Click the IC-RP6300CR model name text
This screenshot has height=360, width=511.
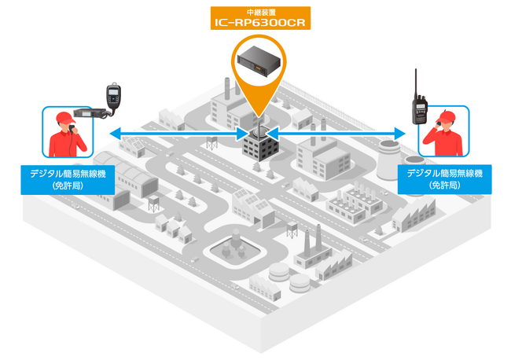260,22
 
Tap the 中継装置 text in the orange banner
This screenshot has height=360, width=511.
261,13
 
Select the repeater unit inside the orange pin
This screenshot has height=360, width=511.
259,61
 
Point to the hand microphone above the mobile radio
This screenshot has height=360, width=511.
113,97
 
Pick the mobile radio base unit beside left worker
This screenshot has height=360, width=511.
90,112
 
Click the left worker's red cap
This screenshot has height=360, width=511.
65,118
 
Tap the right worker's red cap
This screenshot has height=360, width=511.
447,116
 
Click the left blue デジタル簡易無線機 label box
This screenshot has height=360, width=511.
68,180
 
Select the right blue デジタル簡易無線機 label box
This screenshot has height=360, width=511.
444,179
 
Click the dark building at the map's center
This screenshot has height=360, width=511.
260,146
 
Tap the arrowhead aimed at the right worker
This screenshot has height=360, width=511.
399,134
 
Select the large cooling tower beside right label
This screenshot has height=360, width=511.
389,159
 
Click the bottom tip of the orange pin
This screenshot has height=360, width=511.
259,117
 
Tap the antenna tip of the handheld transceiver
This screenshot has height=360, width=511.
416,69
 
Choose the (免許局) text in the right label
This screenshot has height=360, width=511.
444,186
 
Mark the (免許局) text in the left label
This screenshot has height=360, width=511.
68,186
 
